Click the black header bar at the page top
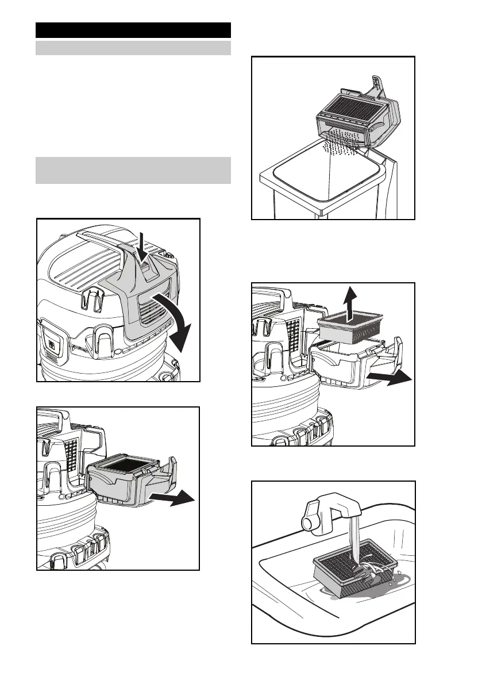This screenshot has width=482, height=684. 133,30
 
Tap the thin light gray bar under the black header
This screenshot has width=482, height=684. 133,48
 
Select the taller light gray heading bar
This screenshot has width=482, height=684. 133,170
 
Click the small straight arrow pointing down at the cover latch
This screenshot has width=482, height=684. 141,241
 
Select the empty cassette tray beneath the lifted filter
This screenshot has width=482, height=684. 345,368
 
